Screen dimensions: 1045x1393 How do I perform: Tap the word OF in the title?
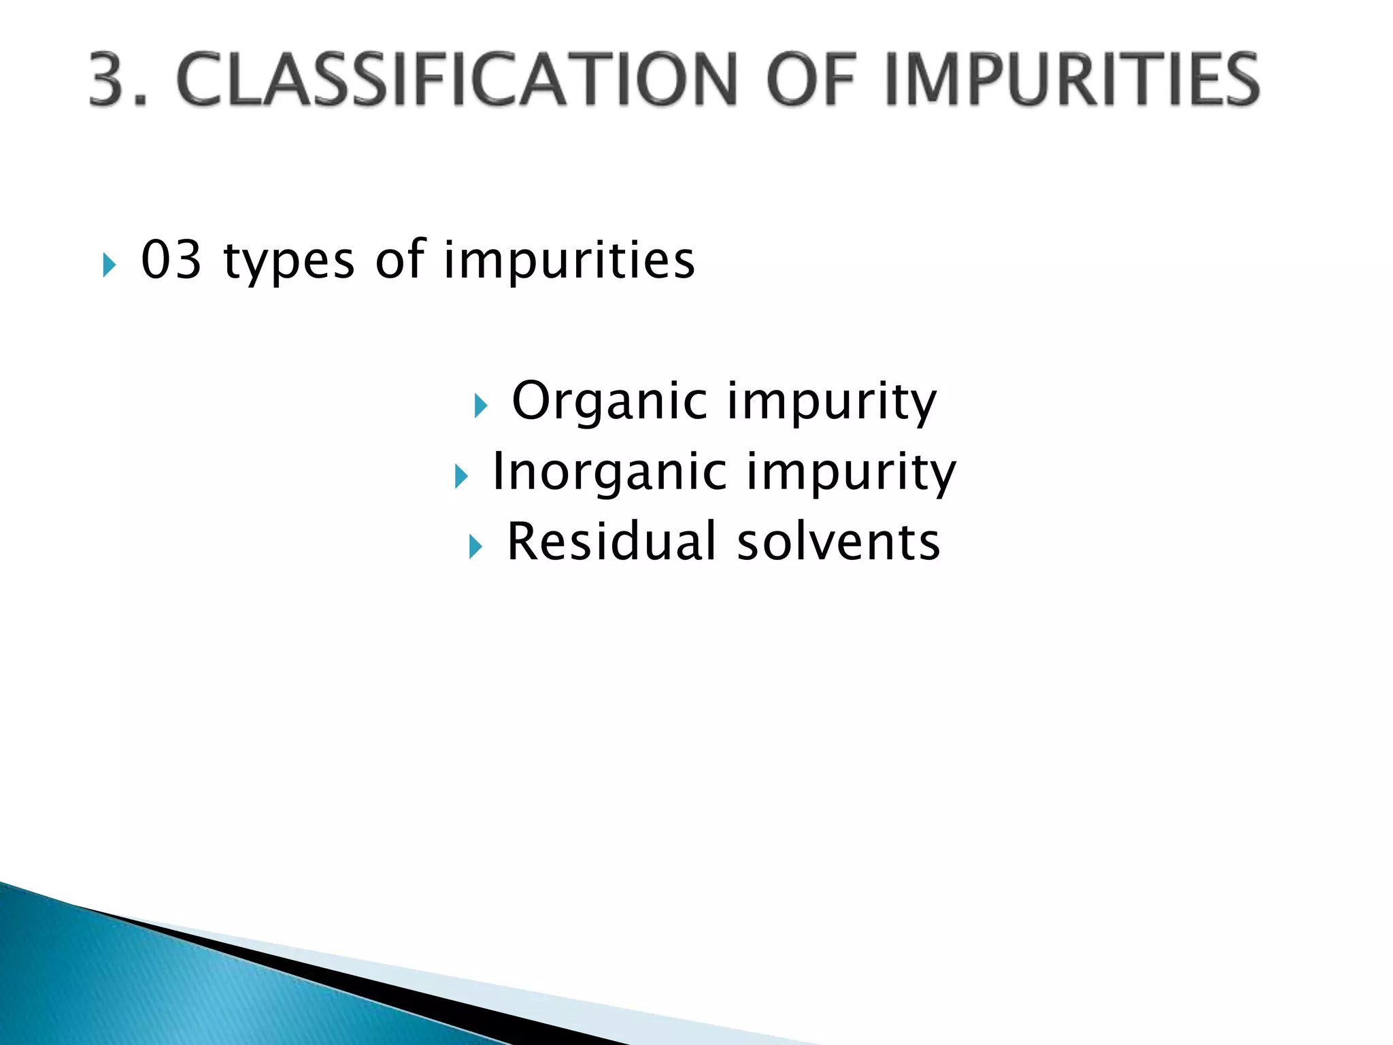(809, 80)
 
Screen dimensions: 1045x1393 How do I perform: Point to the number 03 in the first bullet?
(171, 260)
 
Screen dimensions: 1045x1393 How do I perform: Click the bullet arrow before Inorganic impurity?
(461, 476)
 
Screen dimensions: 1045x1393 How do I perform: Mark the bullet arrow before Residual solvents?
(475, 546)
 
